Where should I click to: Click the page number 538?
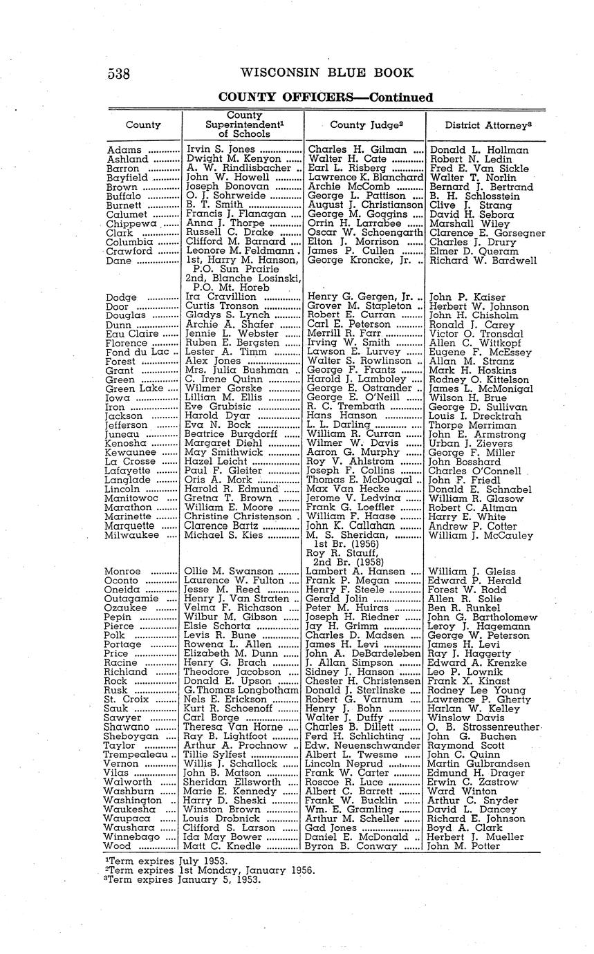pos(120,73)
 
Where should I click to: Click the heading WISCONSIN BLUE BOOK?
pos(327,73)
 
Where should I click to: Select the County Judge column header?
pos(366,125)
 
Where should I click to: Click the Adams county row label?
pos(124,150)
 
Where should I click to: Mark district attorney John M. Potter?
pos(467,845)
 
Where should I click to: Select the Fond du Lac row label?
pos(136,352)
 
